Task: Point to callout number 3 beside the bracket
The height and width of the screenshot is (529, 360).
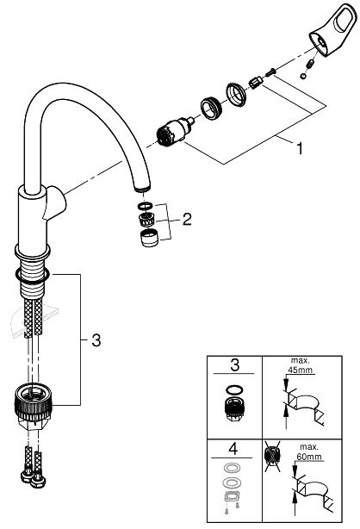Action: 96,340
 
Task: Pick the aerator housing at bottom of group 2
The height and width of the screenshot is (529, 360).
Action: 147,239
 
